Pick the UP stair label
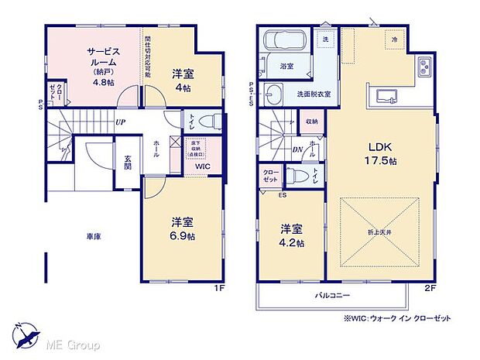pos(121,122)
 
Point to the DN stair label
pos(297,150)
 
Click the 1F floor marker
pos(219,288)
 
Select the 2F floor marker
pos(431,288)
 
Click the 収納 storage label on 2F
pos(311,121)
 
